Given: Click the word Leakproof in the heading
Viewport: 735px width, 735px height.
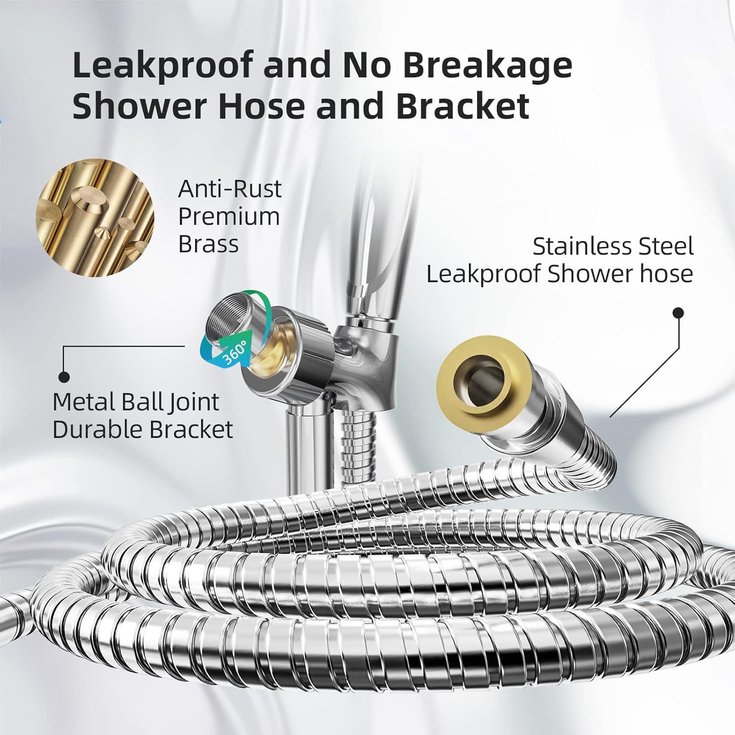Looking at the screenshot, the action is coord(162,66).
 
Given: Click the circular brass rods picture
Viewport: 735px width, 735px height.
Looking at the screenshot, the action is coord(95,217).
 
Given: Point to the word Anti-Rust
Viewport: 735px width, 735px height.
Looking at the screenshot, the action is coord(230,189).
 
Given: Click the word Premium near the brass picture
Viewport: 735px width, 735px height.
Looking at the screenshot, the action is coord(229,217).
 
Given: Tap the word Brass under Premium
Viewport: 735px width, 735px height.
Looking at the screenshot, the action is coord(208,244).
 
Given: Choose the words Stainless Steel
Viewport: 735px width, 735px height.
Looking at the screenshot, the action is coord(613,246).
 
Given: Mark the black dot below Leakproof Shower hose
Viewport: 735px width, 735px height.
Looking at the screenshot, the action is coord(678,313).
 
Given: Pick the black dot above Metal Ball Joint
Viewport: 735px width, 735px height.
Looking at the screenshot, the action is coord(64,377).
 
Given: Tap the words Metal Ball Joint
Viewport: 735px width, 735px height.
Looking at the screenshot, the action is coord(136,402).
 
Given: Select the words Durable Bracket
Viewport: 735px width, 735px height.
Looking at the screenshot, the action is coord(143,430).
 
